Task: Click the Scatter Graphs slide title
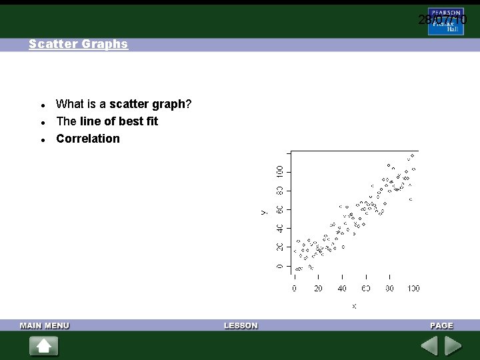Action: pyautogui.click(x=78, y=44)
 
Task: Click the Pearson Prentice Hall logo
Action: pyautogui.click(x=446, y=21)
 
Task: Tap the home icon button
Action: pyautogui.click(x=44, y=346)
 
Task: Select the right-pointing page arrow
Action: pyautogui.click(x=453, y=346)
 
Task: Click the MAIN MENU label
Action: pyautogui.click(x=45, y=325)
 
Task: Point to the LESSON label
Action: pyautogui.click(x=241, y=325)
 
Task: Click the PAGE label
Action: pyautogui.click(x=441, y=325)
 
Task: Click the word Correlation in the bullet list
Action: pyautogui.click(x=88, y=139)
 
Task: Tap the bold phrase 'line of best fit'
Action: pyautogui.click(x=119, y=121)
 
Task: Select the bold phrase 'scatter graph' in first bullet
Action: pyautogui.click(x=147, y=104)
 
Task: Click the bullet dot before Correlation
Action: pyautogui.click(x=43, y=140)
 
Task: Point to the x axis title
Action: pyautogui.click(x=354, y=306)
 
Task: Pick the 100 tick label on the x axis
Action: pyautogui.click(x=413, y=289)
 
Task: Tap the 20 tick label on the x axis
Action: pyautogui.click(x=318, y=289)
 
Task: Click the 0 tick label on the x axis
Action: pyautogui.click(x=294, y=289)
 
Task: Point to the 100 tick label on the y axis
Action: pyautogui.click(x=280, y=171)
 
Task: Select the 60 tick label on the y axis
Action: pyautogui.click(x=280, y=209)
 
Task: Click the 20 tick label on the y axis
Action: pyautogui.click(x=280, y=247)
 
